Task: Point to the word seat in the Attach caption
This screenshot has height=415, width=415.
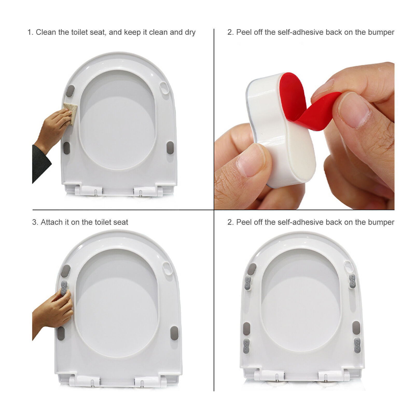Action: pyautogui.click(x=121, y=222)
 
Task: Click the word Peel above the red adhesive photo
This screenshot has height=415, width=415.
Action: pyautogui.click(x=244, y=32)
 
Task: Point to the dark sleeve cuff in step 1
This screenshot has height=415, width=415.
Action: pyautogui.click(x=40, y=163)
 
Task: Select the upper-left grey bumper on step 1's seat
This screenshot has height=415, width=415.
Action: pyautogui.click(x=70, y=91)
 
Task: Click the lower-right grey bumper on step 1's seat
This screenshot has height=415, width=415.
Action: pyautogui.click(x=170, y=147)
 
